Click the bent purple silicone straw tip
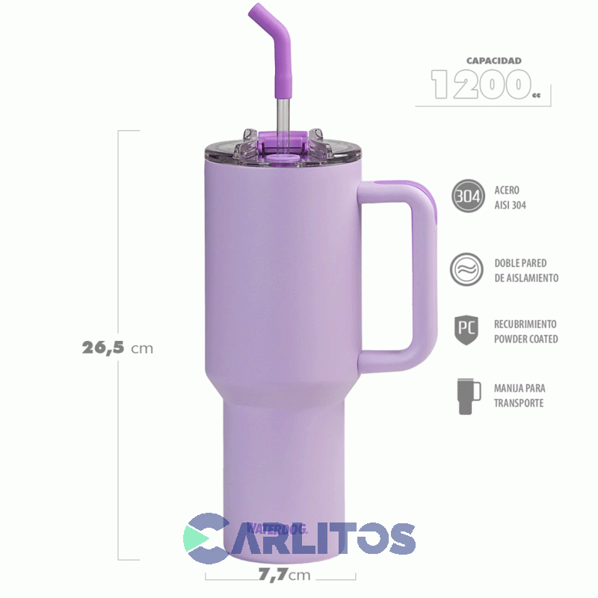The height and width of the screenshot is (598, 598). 274,34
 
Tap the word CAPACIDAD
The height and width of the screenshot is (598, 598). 493,61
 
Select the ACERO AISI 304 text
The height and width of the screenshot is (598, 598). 510,198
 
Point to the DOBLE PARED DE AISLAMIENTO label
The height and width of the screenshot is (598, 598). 525,271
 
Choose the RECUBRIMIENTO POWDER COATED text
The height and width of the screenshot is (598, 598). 525,332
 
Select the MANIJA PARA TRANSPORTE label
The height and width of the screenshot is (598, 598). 519,396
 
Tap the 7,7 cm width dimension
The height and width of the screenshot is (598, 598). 281,576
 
